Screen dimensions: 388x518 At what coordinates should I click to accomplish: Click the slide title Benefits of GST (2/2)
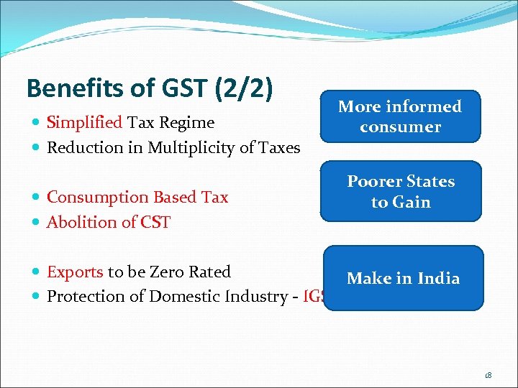click(150, 88)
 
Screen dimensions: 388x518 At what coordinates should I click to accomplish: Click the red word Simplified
click(85, 123)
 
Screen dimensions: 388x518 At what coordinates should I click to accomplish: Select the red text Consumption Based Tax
click(137, 198)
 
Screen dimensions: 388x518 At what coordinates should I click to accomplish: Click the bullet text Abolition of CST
click(108, 222)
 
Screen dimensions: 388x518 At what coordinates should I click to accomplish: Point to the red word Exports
click(75, 272)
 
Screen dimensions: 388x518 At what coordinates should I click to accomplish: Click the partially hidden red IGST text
click(314, 297)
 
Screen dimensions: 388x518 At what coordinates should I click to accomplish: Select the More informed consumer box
click(400, 116)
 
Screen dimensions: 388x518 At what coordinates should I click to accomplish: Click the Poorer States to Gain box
click(401, 191)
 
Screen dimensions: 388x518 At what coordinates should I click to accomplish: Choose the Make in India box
click(403, 278)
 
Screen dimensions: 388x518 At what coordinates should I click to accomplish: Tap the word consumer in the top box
click(400, 127)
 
